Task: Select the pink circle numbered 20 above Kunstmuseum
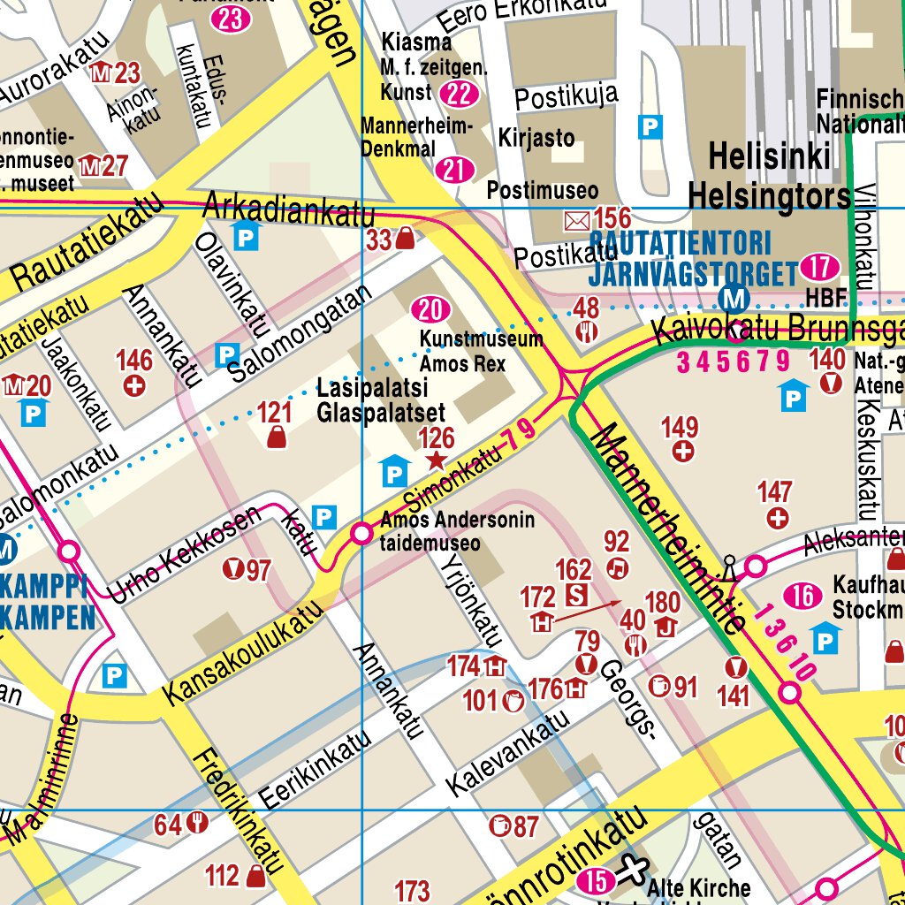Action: point(430,309)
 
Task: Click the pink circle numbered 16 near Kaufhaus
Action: point(802,597)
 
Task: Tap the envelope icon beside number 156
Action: point(575,218)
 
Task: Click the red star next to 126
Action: point(436,460)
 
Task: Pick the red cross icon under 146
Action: point(134,386)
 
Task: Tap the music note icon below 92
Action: point(617,567)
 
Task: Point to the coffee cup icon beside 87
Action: point(500,826)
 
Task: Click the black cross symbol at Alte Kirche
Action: point(631,870)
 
